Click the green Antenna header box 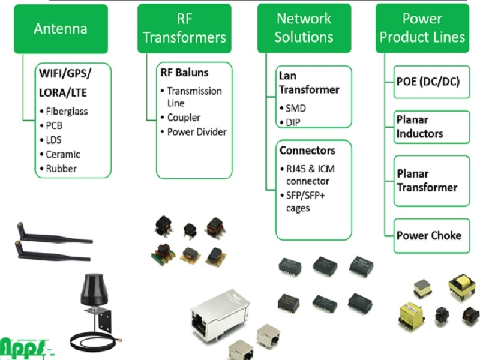(61, 29)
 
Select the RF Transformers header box (184, 29)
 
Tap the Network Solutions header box (304, 28)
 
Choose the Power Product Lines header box (422, 28)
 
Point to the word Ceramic (63, 154)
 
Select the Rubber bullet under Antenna (61, 169)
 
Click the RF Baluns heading (184, 73)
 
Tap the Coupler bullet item (184, 118)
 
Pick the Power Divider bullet (197, 132)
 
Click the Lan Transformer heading (308, 83)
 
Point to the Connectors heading (307, 150)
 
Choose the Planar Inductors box (428, 127)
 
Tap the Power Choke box (428, 235)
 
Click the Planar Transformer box (427, 181)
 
